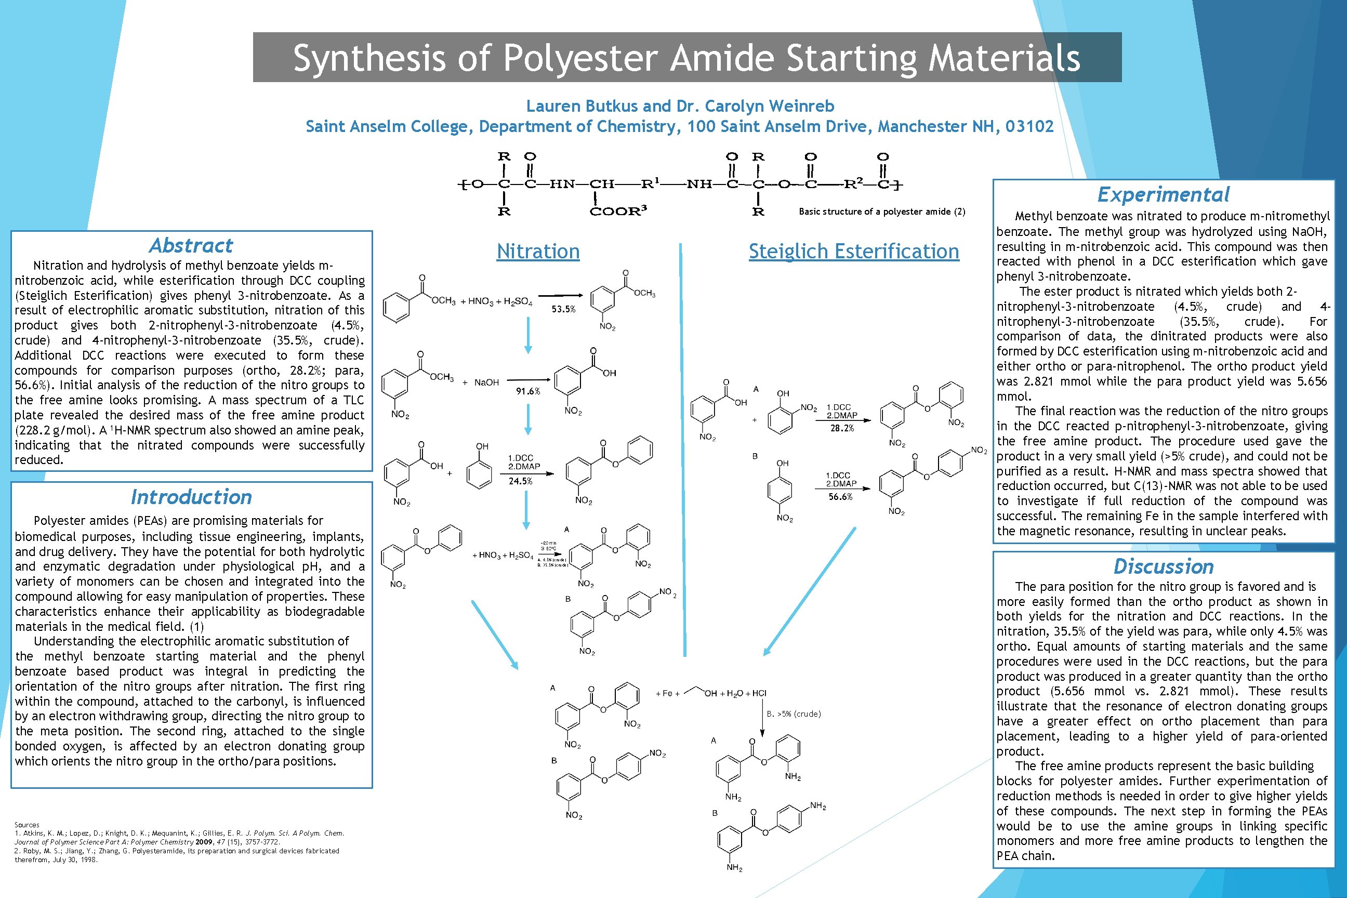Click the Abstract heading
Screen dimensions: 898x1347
191,246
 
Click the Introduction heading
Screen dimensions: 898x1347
191,497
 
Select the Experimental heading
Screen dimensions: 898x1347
1163,195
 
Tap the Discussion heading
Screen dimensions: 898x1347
1163,566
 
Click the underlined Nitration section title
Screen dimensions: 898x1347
538,252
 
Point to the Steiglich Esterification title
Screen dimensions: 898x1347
853,252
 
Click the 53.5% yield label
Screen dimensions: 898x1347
563,309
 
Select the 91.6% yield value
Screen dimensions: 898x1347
527,392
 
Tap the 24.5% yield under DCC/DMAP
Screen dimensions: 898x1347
520,482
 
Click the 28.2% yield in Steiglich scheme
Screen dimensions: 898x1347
842,428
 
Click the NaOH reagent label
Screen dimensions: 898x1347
486,382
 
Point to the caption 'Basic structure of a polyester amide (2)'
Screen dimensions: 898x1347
882,212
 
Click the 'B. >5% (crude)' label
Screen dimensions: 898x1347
793,714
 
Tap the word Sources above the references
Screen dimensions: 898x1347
27,825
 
